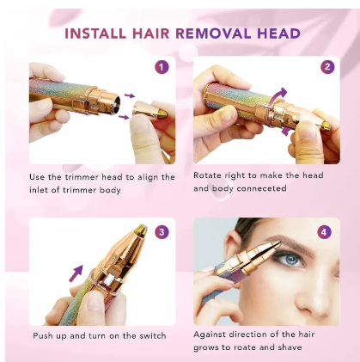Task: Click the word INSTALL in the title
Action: pyautogui.click(x=95, y=34)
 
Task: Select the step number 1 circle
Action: pyautogui.click(x=162, y=67)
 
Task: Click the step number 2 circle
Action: pyautogui.click(x=327, y=67)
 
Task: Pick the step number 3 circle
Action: pyautogui.click(x=162, y=232)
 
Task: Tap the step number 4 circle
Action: pyautogui.click(x=324, y=232)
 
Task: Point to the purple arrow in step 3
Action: pyautogui.click(x=76, y=273)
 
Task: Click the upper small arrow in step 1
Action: pyautogui.click(x=130, y=95)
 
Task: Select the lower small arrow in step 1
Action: pyautogui.click(x=124, y=117)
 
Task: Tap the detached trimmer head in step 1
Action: pyautogui.click(x=149, y=110)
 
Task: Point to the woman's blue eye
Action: pyautogui.click(x=290, y=261)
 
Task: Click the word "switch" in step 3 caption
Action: pyautogui.click(x=153, y=335)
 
